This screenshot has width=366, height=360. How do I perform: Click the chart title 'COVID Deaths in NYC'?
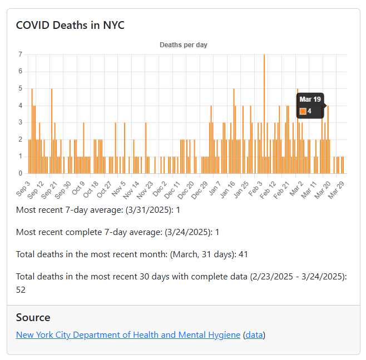click(70, 26)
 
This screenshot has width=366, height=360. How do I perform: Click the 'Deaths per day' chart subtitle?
click(184, 45)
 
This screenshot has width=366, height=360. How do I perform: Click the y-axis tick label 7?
click(20, 54)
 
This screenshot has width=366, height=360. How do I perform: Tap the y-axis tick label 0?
click(20, 173)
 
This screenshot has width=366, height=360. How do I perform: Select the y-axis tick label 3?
click(20, 122)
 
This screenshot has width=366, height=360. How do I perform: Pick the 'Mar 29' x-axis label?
click(337, 189)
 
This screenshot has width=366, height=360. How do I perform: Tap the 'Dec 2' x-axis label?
click(160, 188)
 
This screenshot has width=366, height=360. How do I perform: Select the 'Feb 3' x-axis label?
click(256, 188)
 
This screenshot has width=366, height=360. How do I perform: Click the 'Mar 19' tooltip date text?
click(310, 99)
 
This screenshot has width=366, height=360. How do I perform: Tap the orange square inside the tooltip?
click(303, 111)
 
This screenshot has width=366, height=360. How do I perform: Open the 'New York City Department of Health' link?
click(128, 335)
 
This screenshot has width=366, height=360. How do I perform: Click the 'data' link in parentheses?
click(254, 335)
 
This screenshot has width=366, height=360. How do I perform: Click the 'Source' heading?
click(33, 318)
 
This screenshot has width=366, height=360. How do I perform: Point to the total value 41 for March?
click(243, 254)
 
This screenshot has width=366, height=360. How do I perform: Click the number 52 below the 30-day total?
click(21, 289)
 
